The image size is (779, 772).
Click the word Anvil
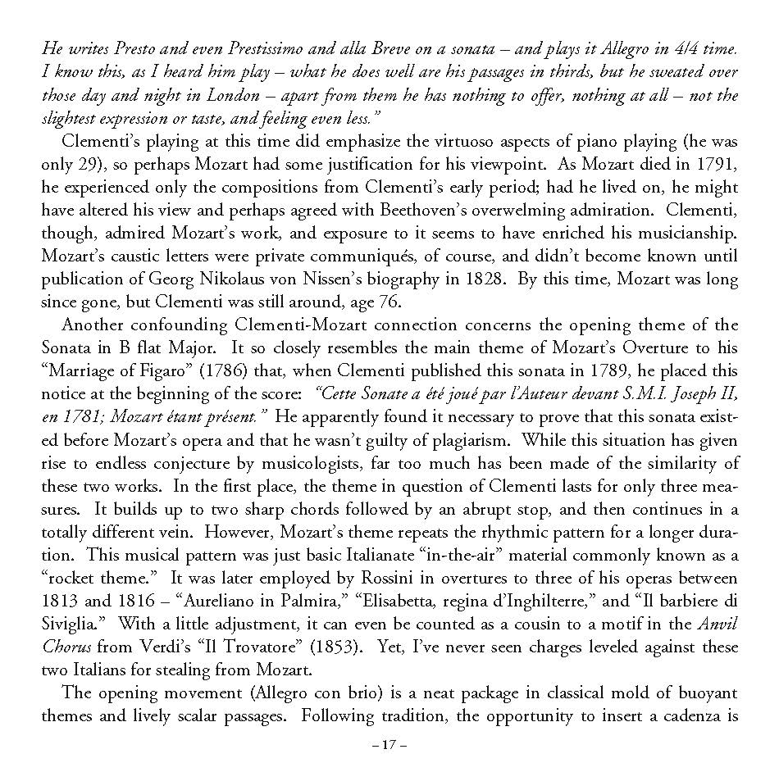[719, 624]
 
